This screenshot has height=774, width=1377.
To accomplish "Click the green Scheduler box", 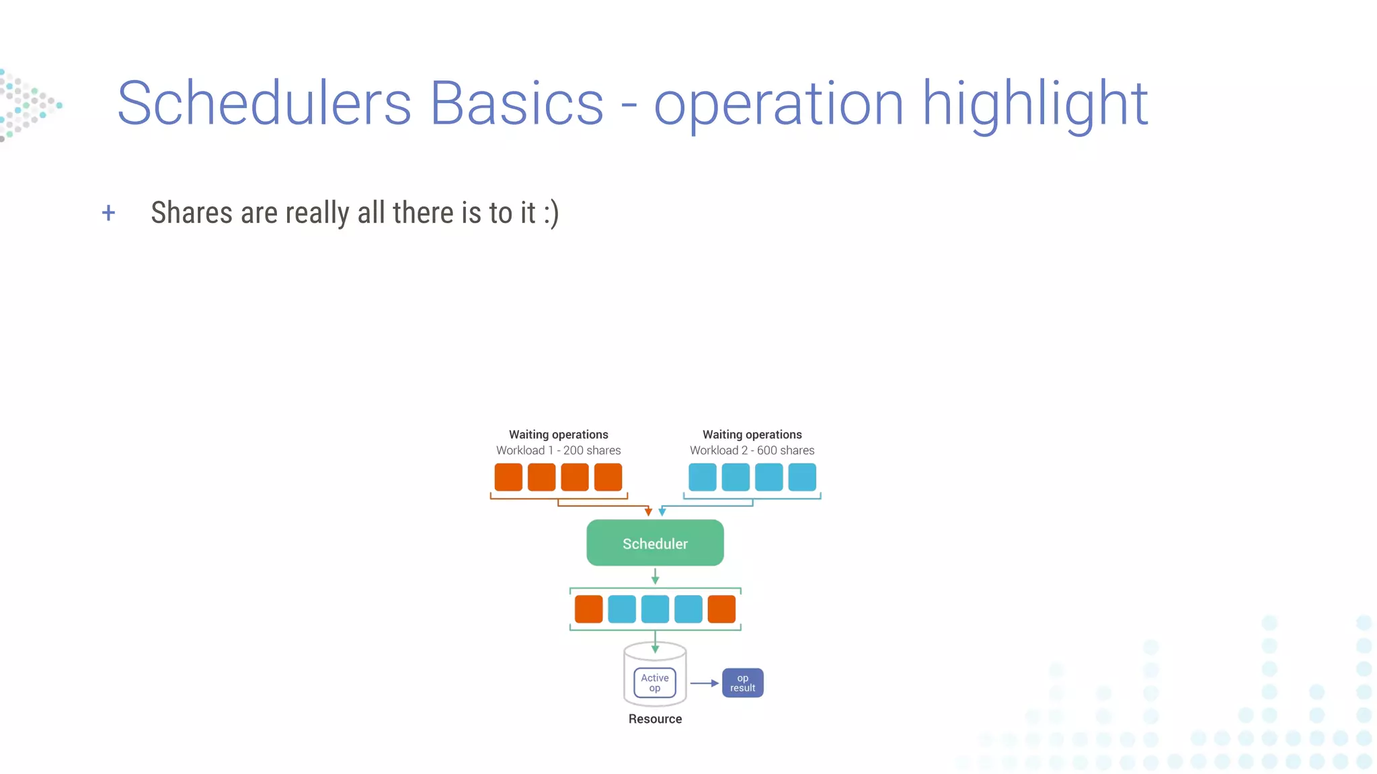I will (655, 543).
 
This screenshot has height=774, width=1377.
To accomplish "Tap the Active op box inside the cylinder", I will (654, 683).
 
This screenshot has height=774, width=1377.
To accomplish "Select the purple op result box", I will (742, 683).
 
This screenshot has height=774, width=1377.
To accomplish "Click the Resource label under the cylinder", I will (655, 719).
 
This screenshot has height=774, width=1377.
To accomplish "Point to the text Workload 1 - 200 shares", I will (558, 450).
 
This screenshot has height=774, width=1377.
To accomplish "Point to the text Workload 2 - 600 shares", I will (752, 450).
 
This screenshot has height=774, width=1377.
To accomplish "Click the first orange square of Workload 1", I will (508, 477).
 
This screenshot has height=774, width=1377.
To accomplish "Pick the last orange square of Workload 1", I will (608, 477).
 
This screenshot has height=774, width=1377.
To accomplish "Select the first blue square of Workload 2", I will (702, 477).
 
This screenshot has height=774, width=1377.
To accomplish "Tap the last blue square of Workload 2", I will (801, 477).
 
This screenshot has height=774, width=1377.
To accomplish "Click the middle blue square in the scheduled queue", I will (655, 609).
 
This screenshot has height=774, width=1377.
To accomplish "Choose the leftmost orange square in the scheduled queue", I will (588, 609).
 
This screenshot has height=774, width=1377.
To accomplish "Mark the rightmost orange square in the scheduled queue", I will (721, 609).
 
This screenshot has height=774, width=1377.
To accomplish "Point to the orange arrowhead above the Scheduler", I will (648, 512).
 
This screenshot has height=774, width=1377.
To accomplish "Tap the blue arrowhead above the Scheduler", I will (662, 512).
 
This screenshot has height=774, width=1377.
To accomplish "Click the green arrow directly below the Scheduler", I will (655, 576).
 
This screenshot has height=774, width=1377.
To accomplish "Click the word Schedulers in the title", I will (264, 103).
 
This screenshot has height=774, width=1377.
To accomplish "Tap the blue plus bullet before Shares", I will (108, 214).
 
